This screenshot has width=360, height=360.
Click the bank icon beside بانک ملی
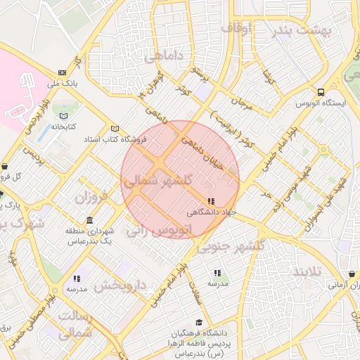[63, 72]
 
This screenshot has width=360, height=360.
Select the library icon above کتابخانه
[65, 115]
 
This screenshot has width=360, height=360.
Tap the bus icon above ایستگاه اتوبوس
[321, 92]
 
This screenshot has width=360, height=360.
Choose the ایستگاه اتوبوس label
[322, 103]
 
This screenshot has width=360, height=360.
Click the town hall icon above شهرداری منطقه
[89, 219]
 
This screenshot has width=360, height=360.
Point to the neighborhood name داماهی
[164, 57]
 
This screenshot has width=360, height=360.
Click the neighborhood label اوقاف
[236, 29]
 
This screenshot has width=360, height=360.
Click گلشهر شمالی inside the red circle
[158, 181]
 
